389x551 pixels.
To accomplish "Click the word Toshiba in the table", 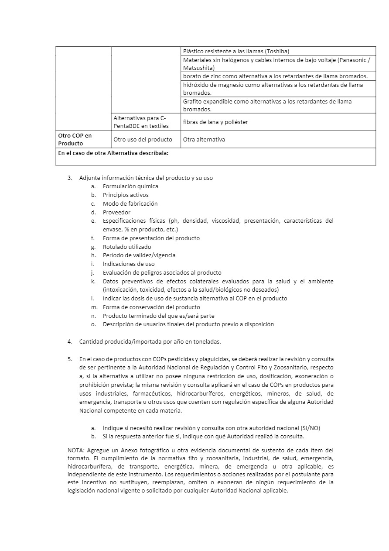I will tap(277, 51).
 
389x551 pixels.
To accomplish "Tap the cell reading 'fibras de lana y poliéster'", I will tap(215, 122).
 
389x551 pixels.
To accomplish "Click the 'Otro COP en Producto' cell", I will tap(75, 139).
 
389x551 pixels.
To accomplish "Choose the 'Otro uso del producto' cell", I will tap(140, 140).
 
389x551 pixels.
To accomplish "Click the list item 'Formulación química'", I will tap(130, 186).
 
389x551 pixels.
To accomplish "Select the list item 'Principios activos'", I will tap(126, 195).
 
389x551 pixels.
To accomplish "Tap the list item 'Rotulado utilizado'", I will tap(127, 247).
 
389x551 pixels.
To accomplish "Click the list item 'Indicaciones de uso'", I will tap(129, 264).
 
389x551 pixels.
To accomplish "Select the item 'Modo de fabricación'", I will tap(130, 204).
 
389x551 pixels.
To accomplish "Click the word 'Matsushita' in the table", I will tap(198, 68).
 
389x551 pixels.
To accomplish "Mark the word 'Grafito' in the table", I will tap(192, 102).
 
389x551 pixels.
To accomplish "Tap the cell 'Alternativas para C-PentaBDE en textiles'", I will tap(140, 122).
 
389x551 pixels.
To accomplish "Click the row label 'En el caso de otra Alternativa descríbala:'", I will tap(113, 153).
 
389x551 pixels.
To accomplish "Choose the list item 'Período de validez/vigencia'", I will tap(139, 255).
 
